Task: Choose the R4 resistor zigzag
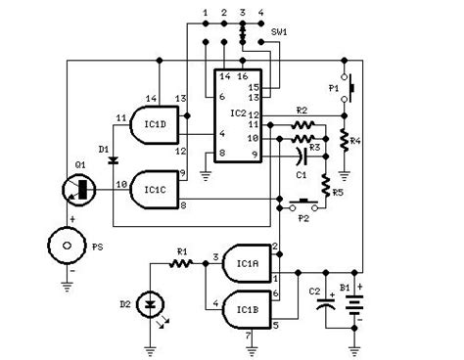(345, 138)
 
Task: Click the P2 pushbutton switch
(303, 206)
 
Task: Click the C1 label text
(302, 174)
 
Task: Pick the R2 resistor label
(302, 110)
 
